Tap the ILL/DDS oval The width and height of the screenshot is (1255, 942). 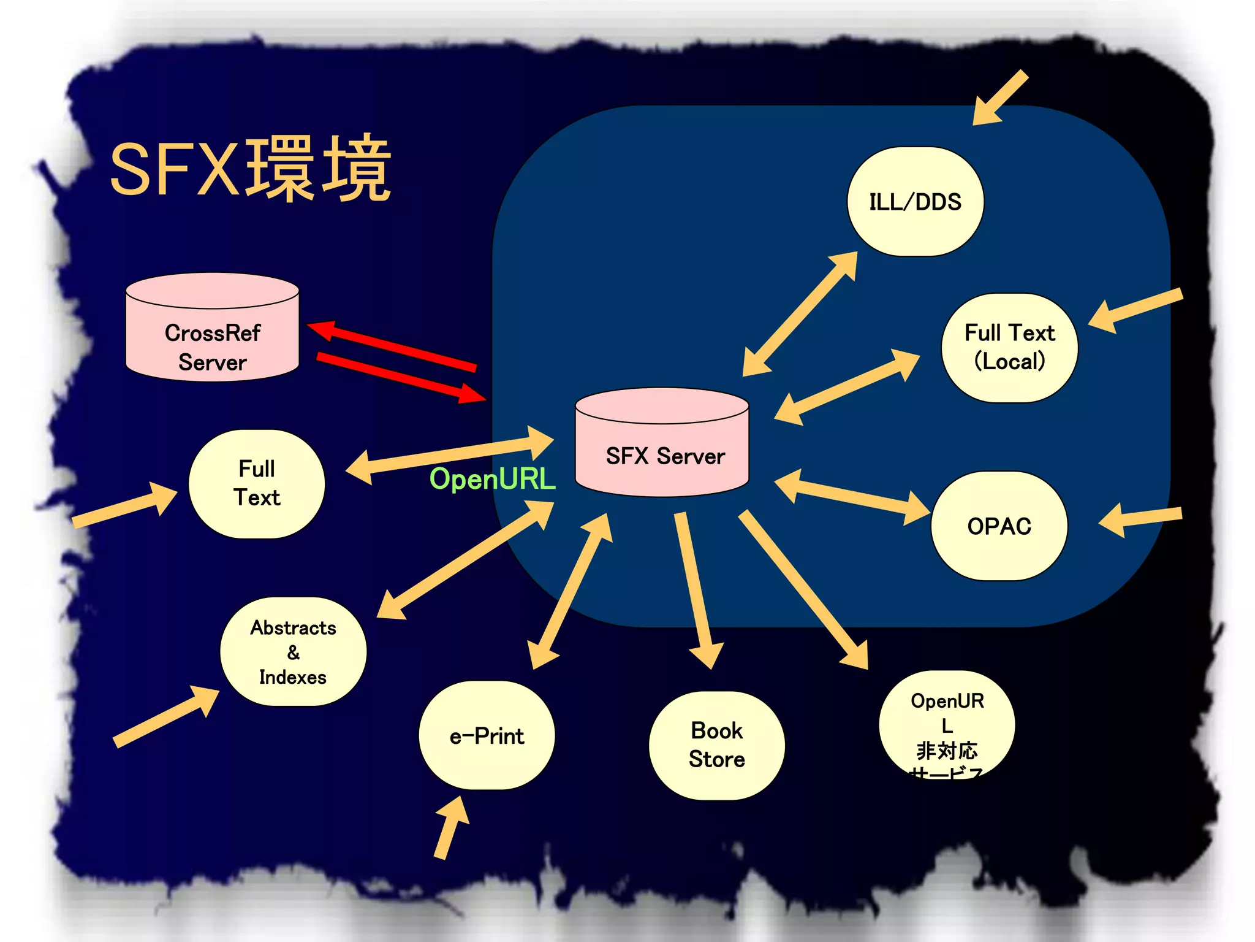coord(915,201)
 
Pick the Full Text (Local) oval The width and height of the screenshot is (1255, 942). coord(1009,348)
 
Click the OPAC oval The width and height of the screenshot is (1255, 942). coord(999,526)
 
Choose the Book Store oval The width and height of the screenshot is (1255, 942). coord(716,745)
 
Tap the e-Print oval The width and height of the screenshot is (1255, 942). coord(487,735)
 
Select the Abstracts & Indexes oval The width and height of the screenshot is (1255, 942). coord(293,651)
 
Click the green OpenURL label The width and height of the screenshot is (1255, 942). coord(492,479)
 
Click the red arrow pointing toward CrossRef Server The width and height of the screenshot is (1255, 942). coord(392,346)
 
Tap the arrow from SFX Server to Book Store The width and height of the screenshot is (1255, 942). coord(696,589)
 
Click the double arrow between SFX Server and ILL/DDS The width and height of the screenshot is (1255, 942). coord(800,313)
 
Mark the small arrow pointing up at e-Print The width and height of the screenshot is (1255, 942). coord(450,828)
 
